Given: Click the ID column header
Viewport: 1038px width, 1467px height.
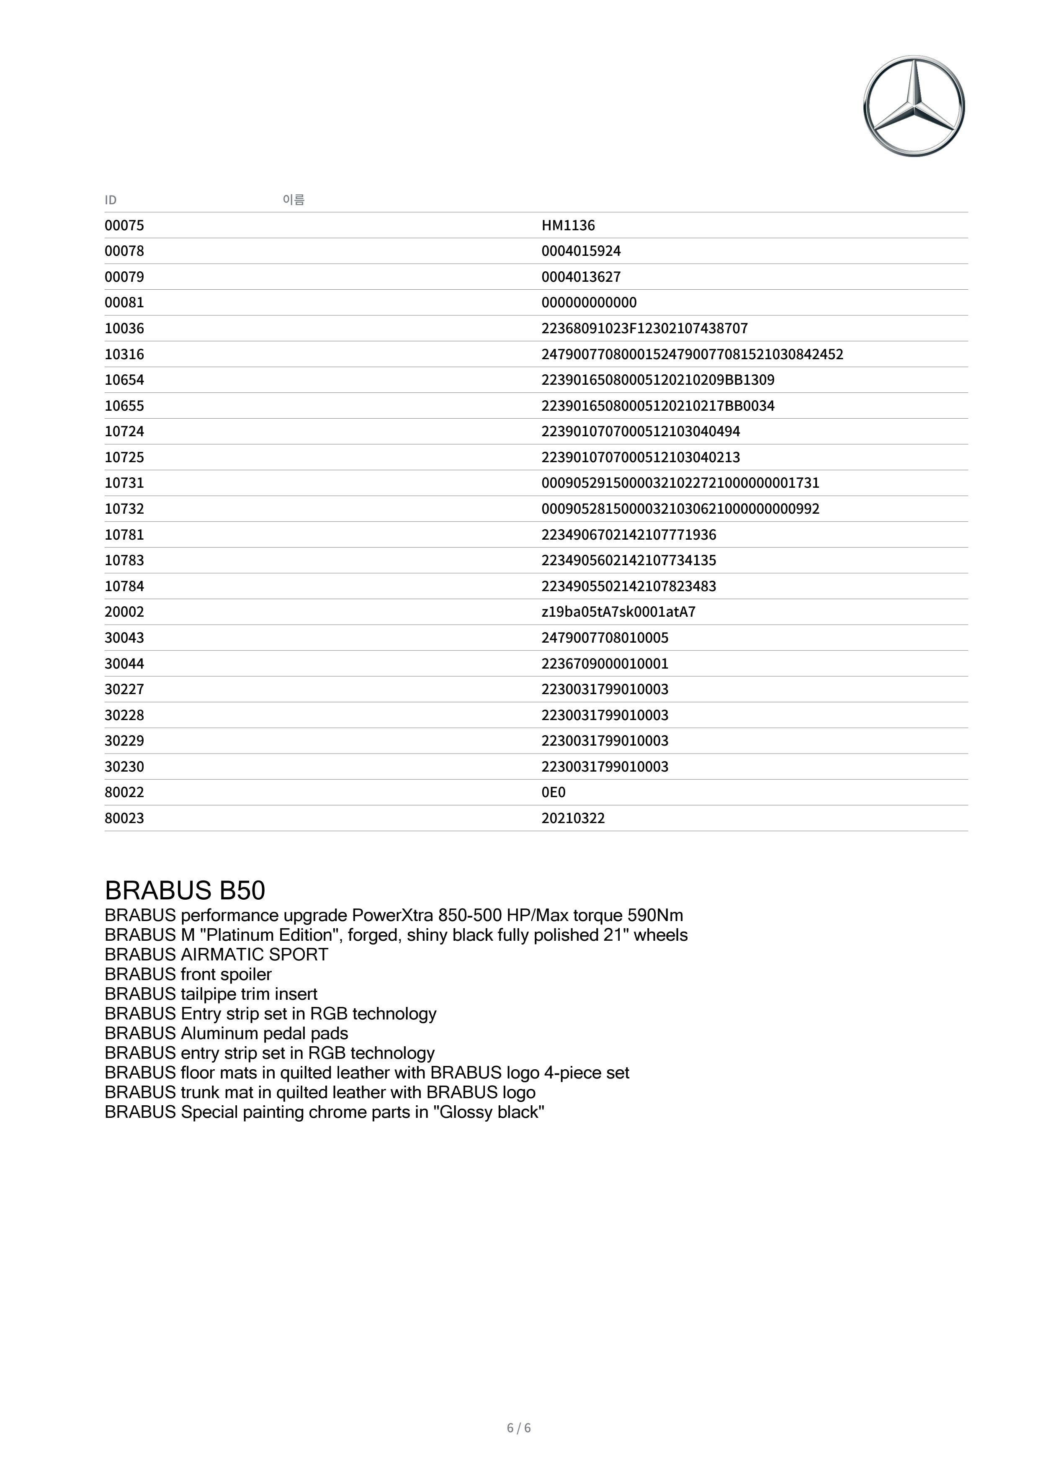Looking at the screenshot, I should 111,200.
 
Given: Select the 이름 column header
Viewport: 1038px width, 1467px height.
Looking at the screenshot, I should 294,199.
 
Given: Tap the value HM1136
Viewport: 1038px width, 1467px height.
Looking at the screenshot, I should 568,226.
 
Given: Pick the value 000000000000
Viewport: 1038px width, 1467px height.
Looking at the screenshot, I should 589,302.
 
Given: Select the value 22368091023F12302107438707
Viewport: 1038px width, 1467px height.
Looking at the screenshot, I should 644,328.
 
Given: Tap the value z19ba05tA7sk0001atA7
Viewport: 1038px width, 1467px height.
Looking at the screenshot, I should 618,612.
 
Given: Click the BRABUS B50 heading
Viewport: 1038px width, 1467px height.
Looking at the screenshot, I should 185,890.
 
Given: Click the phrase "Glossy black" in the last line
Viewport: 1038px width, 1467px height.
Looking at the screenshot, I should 488,1112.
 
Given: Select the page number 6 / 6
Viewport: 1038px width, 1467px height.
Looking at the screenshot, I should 518,1428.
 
